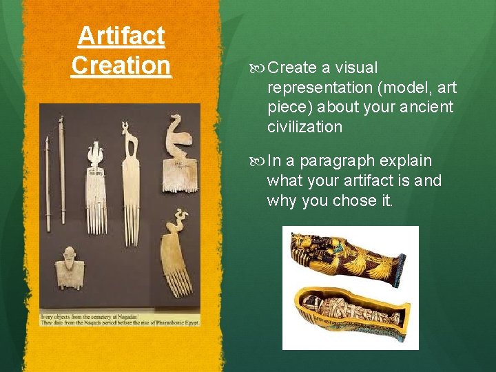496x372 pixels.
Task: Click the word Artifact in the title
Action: click(x=121, y=36)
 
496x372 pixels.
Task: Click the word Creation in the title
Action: click(x=121, y=65)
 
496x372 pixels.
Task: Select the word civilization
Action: click(x=304, y=127)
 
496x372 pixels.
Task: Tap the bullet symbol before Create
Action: click(x=259, y=68)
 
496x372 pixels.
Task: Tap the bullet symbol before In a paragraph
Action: click(x=259, y=161)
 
